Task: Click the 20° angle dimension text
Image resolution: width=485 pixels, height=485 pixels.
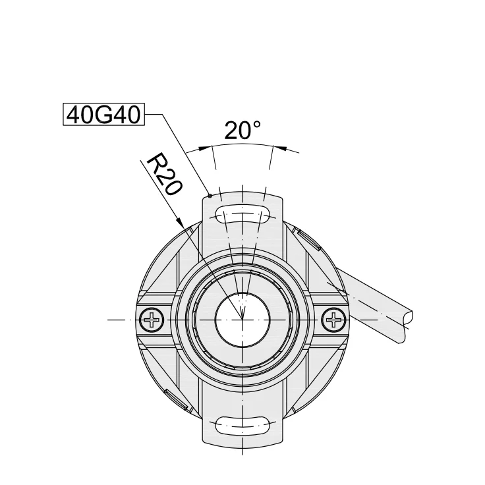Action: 242,130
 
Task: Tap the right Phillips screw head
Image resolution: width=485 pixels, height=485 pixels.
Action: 334,321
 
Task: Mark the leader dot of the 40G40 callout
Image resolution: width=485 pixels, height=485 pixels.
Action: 210,196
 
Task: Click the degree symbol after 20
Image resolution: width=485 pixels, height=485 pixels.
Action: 256,124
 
